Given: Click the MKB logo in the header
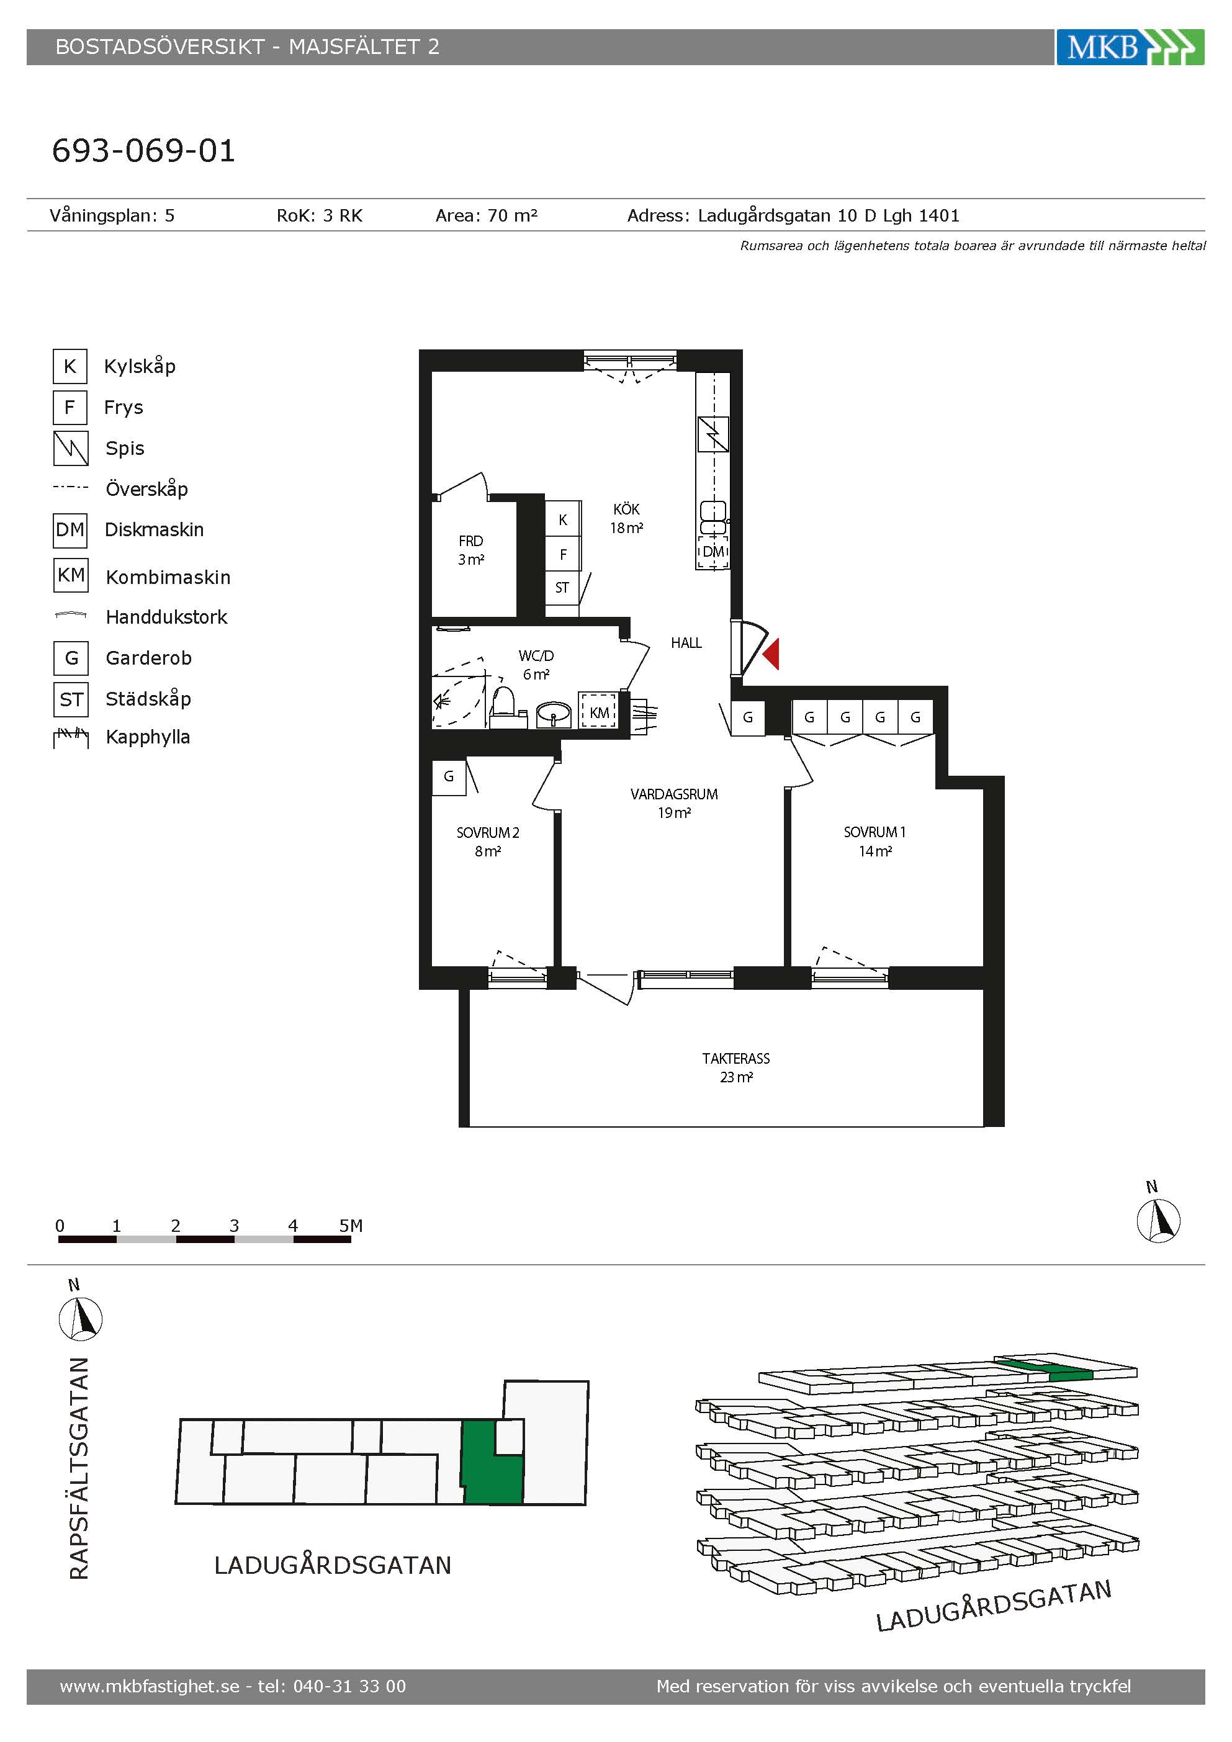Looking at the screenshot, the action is pos(1130,47).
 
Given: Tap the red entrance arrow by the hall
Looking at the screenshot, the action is pos(771,654).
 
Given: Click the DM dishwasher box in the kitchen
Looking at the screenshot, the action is pos(713,552).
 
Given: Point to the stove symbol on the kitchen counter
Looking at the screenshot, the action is pos(713,434).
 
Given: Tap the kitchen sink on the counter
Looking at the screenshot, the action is pos(713,518).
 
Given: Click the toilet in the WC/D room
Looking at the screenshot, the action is pos(503,706).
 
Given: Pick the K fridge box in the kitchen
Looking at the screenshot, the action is pos(563,519).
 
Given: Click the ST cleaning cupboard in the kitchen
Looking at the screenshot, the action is pos(562,587).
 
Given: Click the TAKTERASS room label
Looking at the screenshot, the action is pos(736,1057).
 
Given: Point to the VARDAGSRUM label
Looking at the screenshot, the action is pos(673,794).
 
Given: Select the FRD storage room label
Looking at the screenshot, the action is pos(470,541).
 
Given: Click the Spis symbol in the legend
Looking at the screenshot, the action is pos(71,449).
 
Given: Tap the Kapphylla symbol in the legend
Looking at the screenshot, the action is pos(71,737).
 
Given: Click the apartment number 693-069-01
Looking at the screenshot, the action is pos(143,150).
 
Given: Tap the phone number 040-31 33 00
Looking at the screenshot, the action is pos(349,1686).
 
